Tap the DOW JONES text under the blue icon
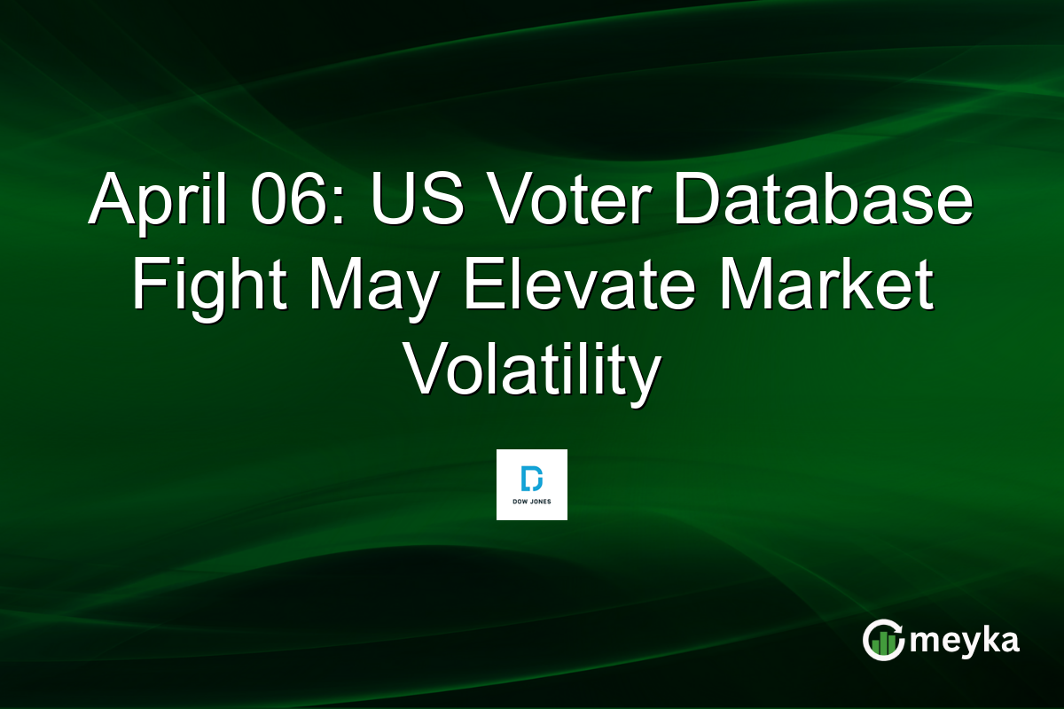(x=532, y=502)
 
